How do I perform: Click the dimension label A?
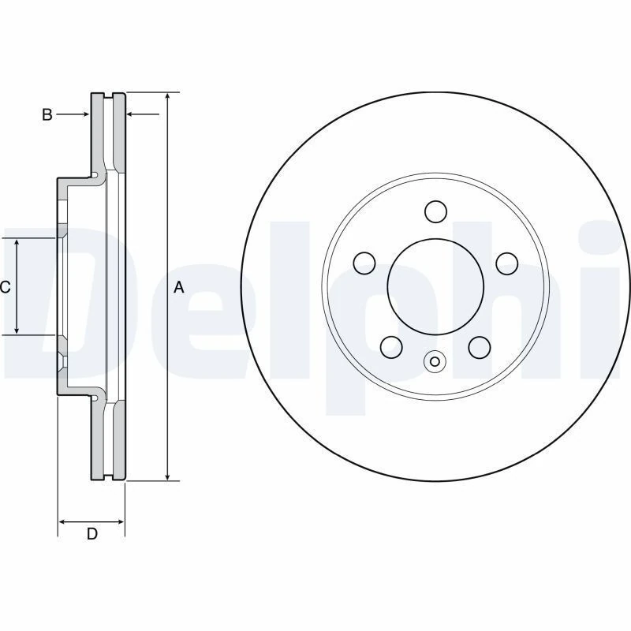179,288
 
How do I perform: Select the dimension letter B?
47,115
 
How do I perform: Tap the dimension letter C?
5,287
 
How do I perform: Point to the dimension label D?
91,534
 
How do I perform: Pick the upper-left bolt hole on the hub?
364,263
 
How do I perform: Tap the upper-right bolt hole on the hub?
506,263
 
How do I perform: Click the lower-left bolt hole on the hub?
390,346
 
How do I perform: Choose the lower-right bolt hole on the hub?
479,346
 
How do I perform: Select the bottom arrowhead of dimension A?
167,475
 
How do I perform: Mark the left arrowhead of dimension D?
64,521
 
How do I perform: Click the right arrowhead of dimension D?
120,521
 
